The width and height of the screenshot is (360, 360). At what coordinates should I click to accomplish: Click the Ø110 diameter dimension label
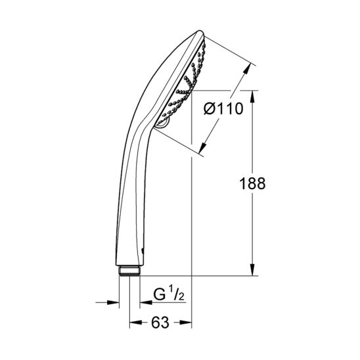(223, 109)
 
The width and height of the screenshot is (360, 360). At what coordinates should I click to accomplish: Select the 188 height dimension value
(252, 183)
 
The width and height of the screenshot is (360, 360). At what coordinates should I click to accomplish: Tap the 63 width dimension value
(160, 323)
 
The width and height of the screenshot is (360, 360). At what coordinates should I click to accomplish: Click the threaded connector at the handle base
(129, 271)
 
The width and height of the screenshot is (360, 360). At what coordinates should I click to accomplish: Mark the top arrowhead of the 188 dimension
(252, 97)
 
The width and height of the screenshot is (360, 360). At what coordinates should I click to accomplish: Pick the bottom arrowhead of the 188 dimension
(252, 270)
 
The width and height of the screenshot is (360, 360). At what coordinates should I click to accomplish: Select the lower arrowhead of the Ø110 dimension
(202, 148)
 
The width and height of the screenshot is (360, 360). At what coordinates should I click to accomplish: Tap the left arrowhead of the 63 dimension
(135, 323)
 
